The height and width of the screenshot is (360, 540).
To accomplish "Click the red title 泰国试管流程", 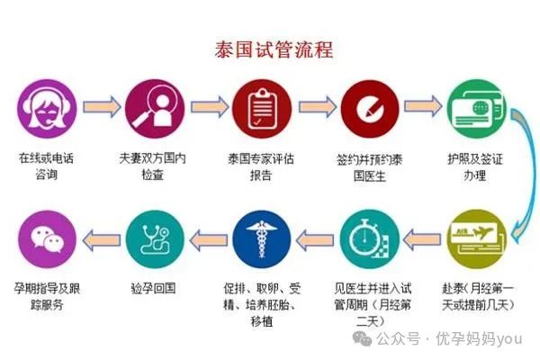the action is click(x=274, y=49).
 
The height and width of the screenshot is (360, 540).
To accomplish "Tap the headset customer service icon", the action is click(x=47, y=109).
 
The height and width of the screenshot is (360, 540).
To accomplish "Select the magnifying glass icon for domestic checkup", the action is click(x=155, y=109).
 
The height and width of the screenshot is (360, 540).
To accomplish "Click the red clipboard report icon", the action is click(x=262, y=109).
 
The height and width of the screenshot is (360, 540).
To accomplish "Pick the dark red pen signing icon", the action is click(x=370, y=109).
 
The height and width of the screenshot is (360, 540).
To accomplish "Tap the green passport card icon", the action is click(x=477, y=109).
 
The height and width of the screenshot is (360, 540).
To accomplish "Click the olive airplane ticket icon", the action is click(x=477, y=239).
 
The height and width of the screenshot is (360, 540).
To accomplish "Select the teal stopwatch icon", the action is click(x=370, y=239).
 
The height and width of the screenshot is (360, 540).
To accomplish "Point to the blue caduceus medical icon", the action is click(x=262, y=239).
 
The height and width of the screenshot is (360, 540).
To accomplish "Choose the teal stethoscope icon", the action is click(x=155, y=239).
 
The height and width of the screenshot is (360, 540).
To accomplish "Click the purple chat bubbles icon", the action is click(x=47, y=239).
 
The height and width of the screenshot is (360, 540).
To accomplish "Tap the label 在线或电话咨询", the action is click(x=46, y=166).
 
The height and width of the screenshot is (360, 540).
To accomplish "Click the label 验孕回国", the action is click(x=154, y=288).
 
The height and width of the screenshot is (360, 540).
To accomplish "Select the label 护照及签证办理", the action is click(x=475, y=167).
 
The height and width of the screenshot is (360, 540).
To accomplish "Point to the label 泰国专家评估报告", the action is click(x=261, y=167).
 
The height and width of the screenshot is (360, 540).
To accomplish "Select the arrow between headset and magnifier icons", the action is click(x=102, y=107).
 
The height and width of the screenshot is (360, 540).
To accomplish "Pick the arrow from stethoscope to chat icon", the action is click(x=102, y=239).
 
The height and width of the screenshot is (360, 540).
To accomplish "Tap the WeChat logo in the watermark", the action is click(x=363, y=339).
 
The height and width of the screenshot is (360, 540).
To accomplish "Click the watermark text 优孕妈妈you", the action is click(x=479, y=338).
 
